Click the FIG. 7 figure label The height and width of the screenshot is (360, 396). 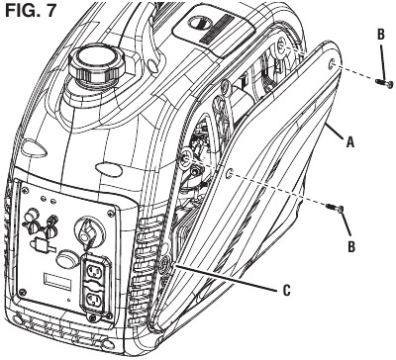pyautogui.click(x=32, y=12)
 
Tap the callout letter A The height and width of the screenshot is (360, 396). pyautogui.click(x=350, y=142)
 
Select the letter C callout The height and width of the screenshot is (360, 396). pyautogui.click(x=287, y=291)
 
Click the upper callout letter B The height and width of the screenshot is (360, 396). pyautogui.click(x=380, y=35)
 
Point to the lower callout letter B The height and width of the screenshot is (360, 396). pyautogui.click(x=352, y=246)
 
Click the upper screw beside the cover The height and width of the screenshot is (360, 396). pyautogui.click(x=384, y=83)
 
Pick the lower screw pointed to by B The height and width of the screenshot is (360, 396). pyautogui.click(x=335, y=209)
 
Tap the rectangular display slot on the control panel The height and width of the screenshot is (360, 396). pyautogui.click(x=58, y=281)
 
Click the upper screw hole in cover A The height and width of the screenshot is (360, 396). pyautogui.click(x=332, y=65)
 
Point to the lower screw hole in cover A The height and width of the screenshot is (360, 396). pyautogui.click(x=231, y=173)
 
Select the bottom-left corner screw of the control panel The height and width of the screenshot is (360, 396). pyautogui.click(x=22, y=292)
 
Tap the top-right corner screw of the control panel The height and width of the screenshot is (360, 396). pyautogui.click(x=110, y=214)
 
